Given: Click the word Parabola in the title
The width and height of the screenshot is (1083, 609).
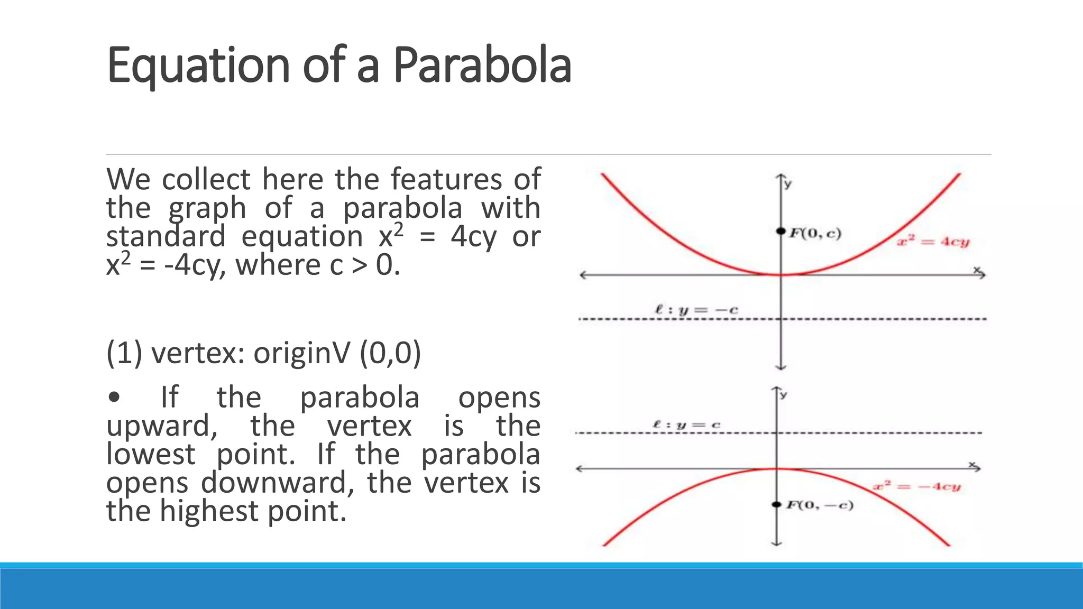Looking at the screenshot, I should coord(482,66).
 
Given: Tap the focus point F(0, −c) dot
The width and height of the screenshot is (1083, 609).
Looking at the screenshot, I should coord(776,504).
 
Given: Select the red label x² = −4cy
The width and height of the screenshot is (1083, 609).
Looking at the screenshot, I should coord(916,486).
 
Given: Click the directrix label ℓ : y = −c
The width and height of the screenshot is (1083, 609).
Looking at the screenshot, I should coord(696,310).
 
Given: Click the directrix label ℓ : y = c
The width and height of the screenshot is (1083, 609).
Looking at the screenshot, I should coord(686,425).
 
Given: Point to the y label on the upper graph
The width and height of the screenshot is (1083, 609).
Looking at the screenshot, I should coord(788,184).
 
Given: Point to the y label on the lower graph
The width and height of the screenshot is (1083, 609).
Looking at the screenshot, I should coord(784,394).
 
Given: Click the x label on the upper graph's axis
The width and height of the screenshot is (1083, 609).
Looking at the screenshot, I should coord(977,270).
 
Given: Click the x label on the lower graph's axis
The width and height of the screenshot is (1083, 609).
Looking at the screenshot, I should coord(972,464).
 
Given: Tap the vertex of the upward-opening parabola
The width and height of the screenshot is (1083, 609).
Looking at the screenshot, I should coord(781,274).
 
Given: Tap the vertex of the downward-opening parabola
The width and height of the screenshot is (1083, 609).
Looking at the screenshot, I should coord(777,468).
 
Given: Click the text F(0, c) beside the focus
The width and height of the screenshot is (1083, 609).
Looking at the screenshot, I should coord(815,233).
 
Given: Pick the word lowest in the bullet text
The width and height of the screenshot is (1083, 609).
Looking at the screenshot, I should coord(151,454).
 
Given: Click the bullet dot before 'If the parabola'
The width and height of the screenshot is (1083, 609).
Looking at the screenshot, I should coord(114,398).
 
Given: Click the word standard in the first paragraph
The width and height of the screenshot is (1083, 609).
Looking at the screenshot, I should coord(166,236).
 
